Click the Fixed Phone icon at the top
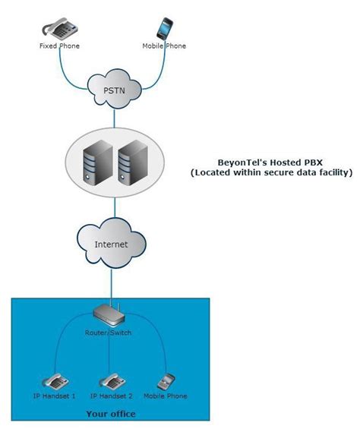59,29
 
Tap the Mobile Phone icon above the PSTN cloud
166,28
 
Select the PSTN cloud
113,90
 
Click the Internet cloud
112,244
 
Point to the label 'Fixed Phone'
59,46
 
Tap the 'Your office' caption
110,414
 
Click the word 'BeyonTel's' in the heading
233,162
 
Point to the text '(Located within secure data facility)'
271,173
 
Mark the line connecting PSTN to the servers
113,117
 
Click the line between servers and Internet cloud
113,209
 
